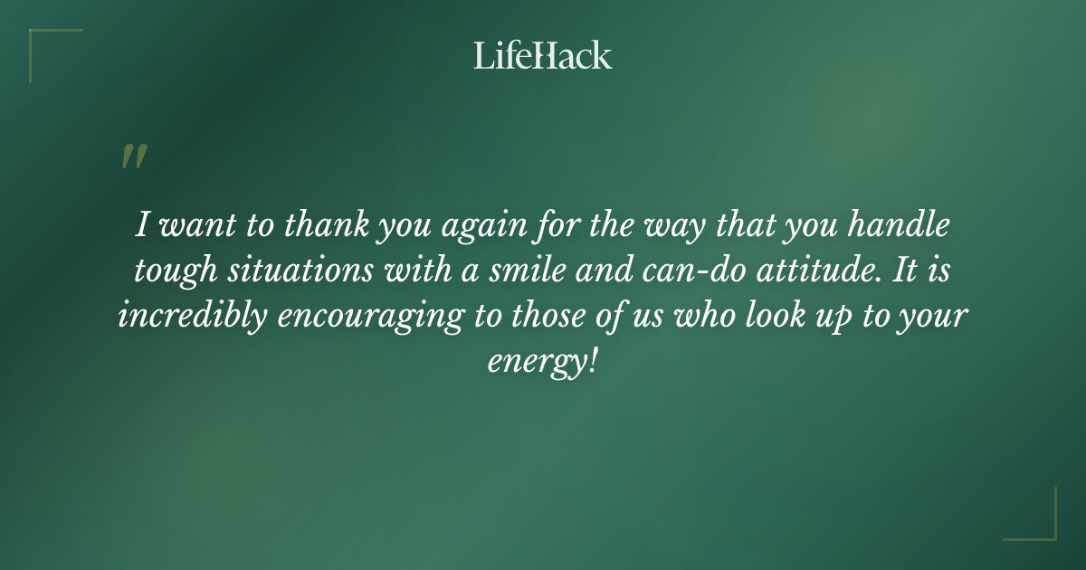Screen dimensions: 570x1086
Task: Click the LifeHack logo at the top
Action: [543, 55]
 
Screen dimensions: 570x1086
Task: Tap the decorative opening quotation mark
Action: [133, 157]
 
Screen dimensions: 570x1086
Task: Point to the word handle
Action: [915, 225]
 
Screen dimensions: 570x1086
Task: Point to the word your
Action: [935, 318]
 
